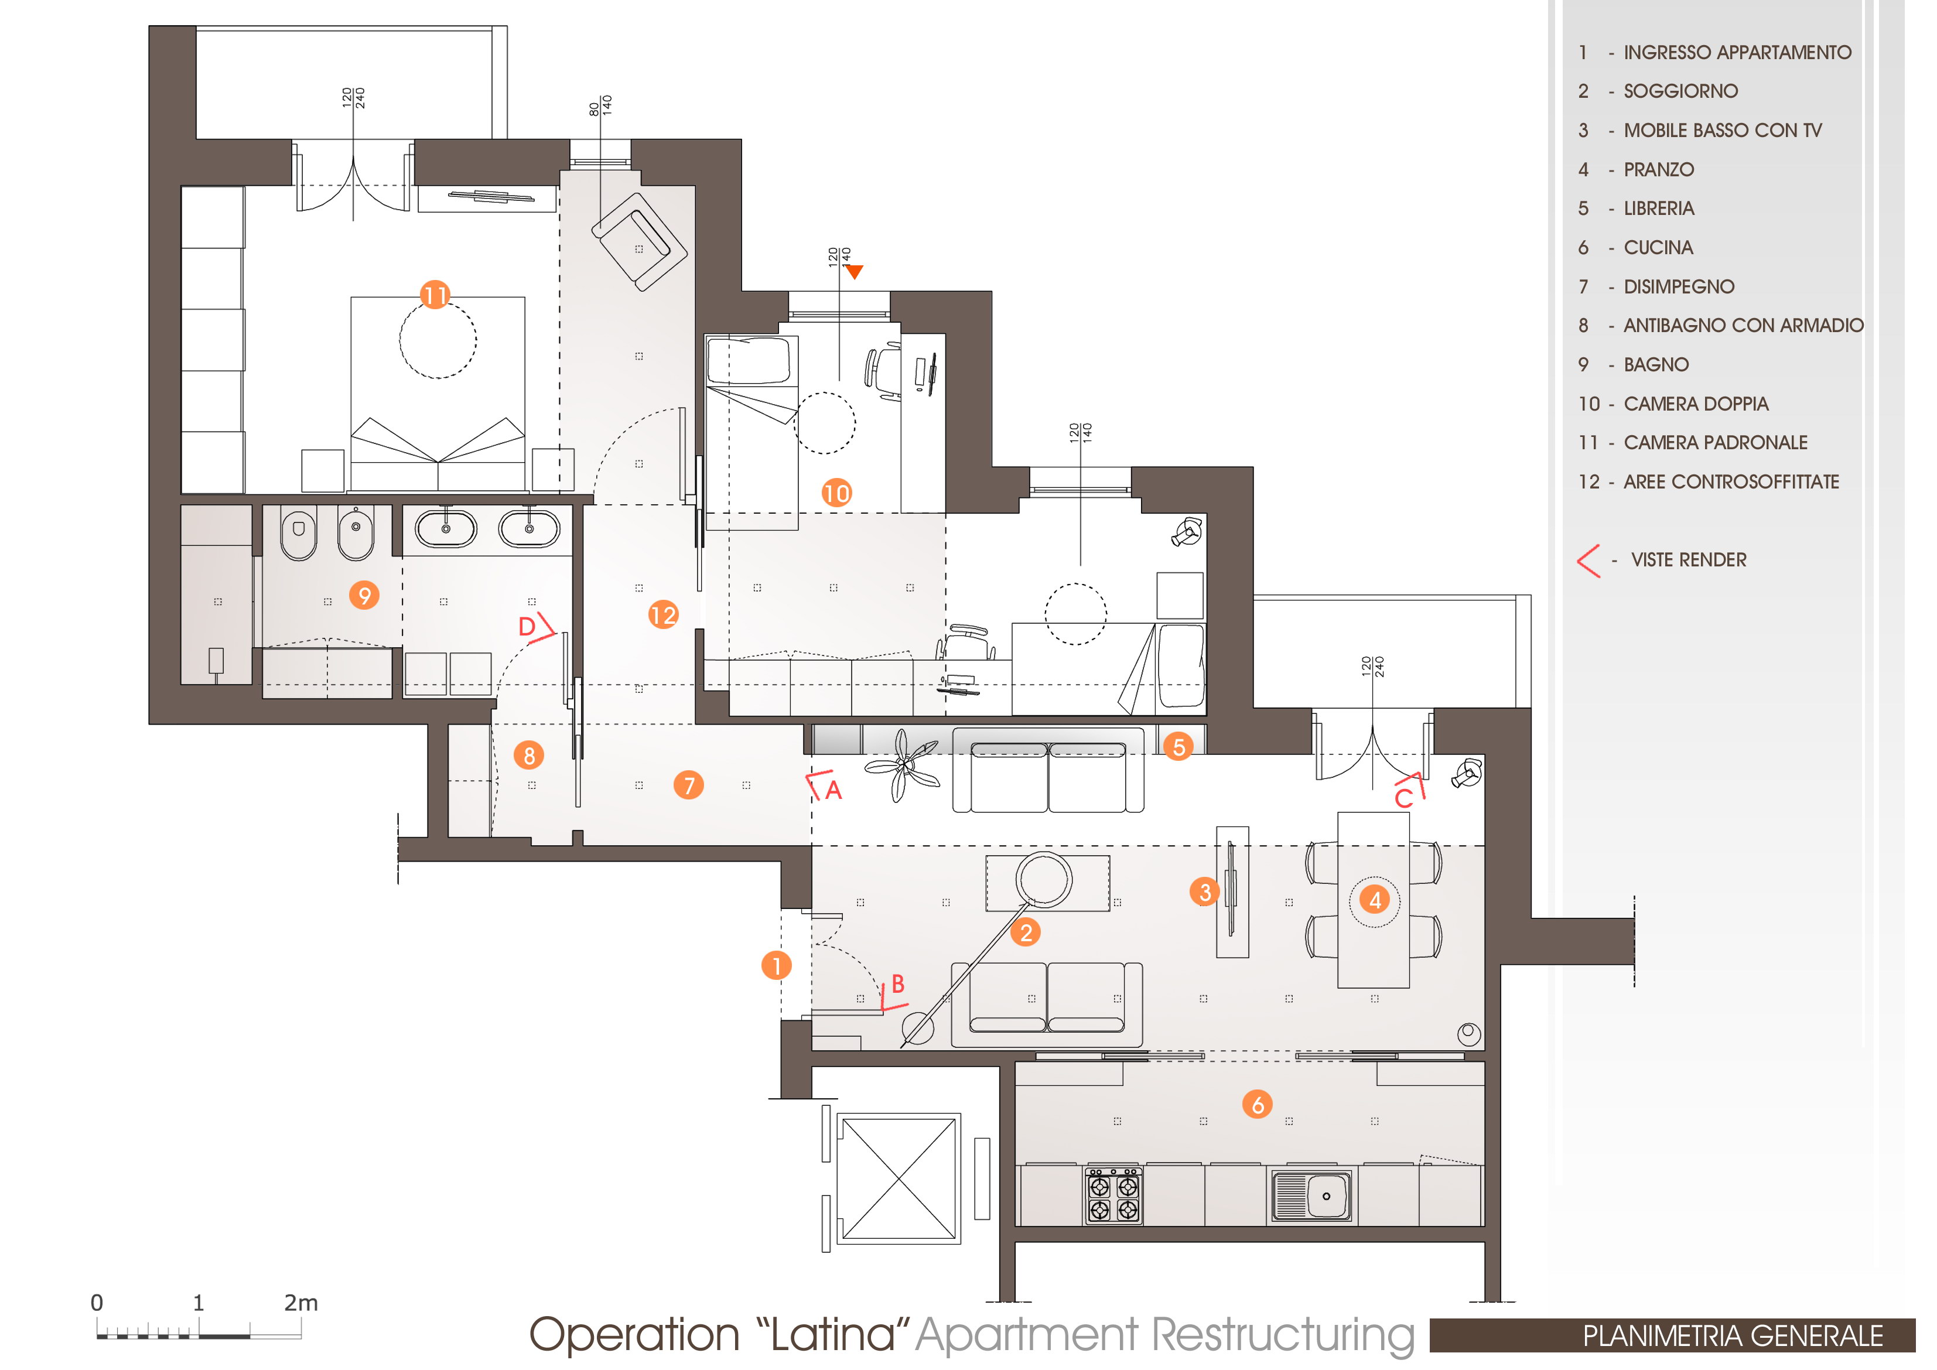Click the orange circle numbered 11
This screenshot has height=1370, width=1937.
click(435, 295)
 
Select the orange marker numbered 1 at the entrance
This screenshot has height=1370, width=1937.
click(776, 965)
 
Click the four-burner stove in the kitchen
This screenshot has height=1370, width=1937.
click(1113, 1195)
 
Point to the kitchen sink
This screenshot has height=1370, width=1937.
click(1312, 1195)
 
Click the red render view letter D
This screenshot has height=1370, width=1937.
click(527, 626)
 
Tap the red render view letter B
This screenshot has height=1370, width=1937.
click(898, 983)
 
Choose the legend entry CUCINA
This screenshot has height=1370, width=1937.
click(1659, 247)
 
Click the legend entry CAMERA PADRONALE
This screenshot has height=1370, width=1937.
click(1716, 442)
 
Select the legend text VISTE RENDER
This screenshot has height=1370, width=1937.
click(1689, 559)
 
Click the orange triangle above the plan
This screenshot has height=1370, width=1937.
click(855, 272)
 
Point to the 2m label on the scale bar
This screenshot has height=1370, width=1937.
click(301, 1303)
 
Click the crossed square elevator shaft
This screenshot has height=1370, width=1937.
click(899, 1178)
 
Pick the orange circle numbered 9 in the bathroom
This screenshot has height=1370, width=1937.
click(364, 596)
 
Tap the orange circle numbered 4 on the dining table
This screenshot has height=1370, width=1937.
click(1375, 900)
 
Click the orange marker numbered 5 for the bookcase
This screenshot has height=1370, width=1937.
click(1178, 746)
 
